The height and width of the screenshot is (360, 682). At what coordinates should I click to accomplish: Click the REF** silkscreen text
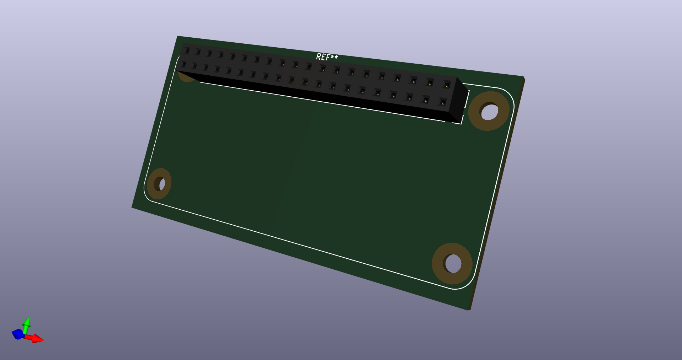click(x=327, y=57)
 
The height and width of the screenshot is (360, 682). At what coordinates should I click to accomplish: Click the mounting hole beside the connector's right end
click(x=489, y=111)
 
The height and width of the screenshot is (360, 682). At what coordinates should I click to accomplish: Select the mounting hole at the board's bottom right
click(x=452, y=263)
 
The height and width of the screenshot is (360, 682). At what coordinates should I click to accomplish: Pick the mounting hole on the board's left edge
click(x=160, y=184)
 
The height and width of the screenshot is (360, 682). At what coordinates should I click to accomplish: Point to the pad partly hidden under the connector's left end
click(x=186, y=77)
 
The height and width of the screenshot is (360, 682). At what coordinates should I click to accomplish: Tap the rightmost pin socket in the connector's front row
click(x=442, y=103)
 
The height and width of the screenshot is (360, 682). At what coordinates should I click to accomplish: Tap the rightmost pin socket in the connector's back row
click(x=447, y=85)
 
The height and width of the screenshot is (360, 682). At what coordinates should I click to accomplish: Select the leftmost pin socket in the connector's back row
click(x=186, y=51)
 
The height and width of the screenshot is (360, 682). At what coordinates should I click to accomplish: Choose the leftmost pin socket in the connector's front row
click(x=183, y=64)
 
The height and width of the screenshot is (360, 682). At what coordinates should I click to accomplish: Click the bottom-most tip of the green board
click(x=469, y=310)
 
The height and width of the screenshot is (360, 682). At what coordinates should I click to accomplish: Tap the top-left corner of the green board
click(x=177, y=36)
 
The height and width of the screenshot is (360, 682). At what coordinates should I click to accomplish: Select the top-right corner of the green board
click(x=524, y=77)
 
